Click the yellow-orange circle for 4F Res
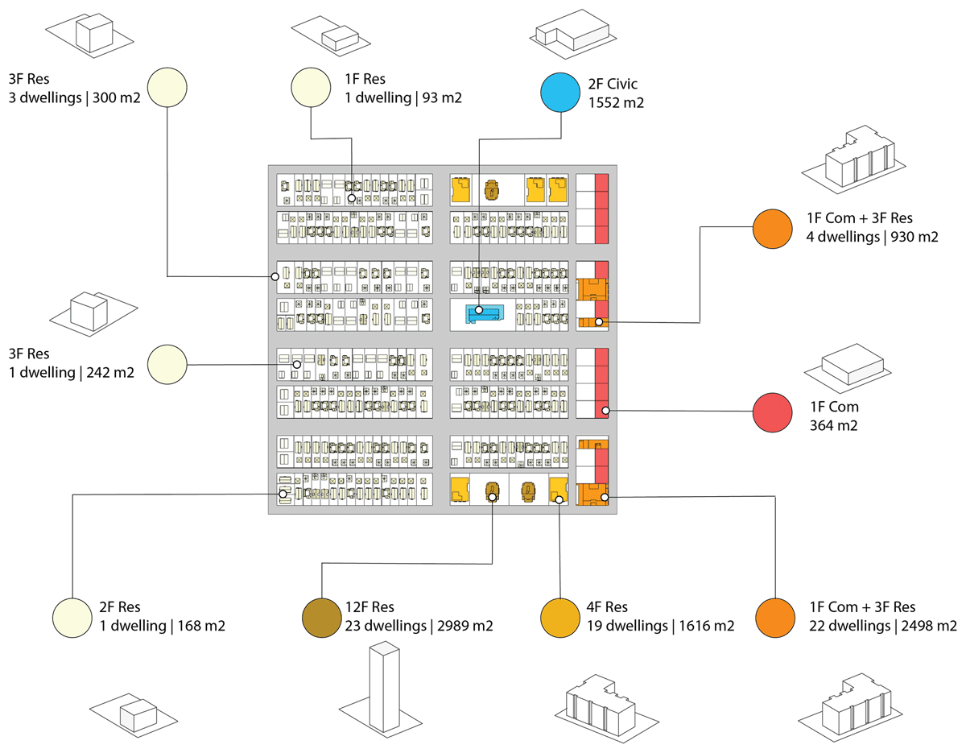562,618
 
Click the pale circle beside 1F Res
312,88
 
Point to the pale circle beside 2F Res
73,618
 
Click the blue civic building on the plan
485,313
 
